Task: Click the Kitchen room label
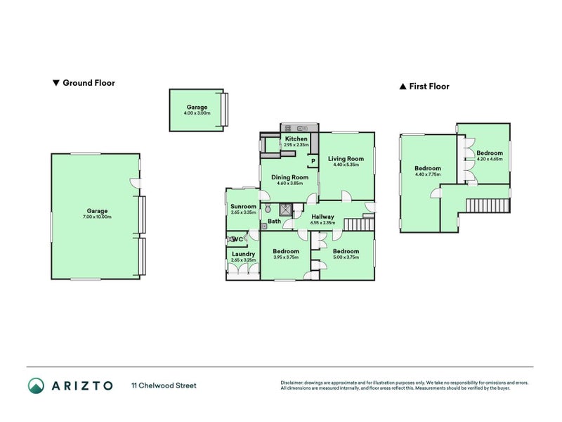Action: click(296, 139)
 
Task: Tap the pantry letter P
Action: click(312, 161)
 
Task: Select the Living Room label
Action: click(346, 159)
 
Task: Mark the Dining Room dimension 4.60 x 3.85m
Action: click(289, 183)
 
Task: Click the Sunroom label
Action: click(243, 206)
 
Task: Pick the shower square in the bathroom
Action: click(285, 209)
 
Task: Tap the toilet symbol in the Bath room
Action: click(268, 210)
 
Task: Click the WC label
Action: click(239, 238)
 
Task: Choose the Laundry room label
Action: click(243, 254)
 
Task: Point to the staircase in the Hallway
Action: click(361, 224)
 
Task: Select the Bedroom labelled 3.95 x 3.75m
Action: click(286, 251)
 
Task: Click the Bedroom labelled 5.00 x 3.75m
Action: click(346, 251)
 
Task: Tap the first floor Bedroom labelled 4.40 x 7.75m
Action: click(427, 169)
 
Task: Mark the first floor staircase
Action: click(485, 205)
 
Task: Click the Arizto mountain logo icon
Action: click(37, 385)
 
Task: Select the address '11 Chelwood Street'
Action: click(164, 385)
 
